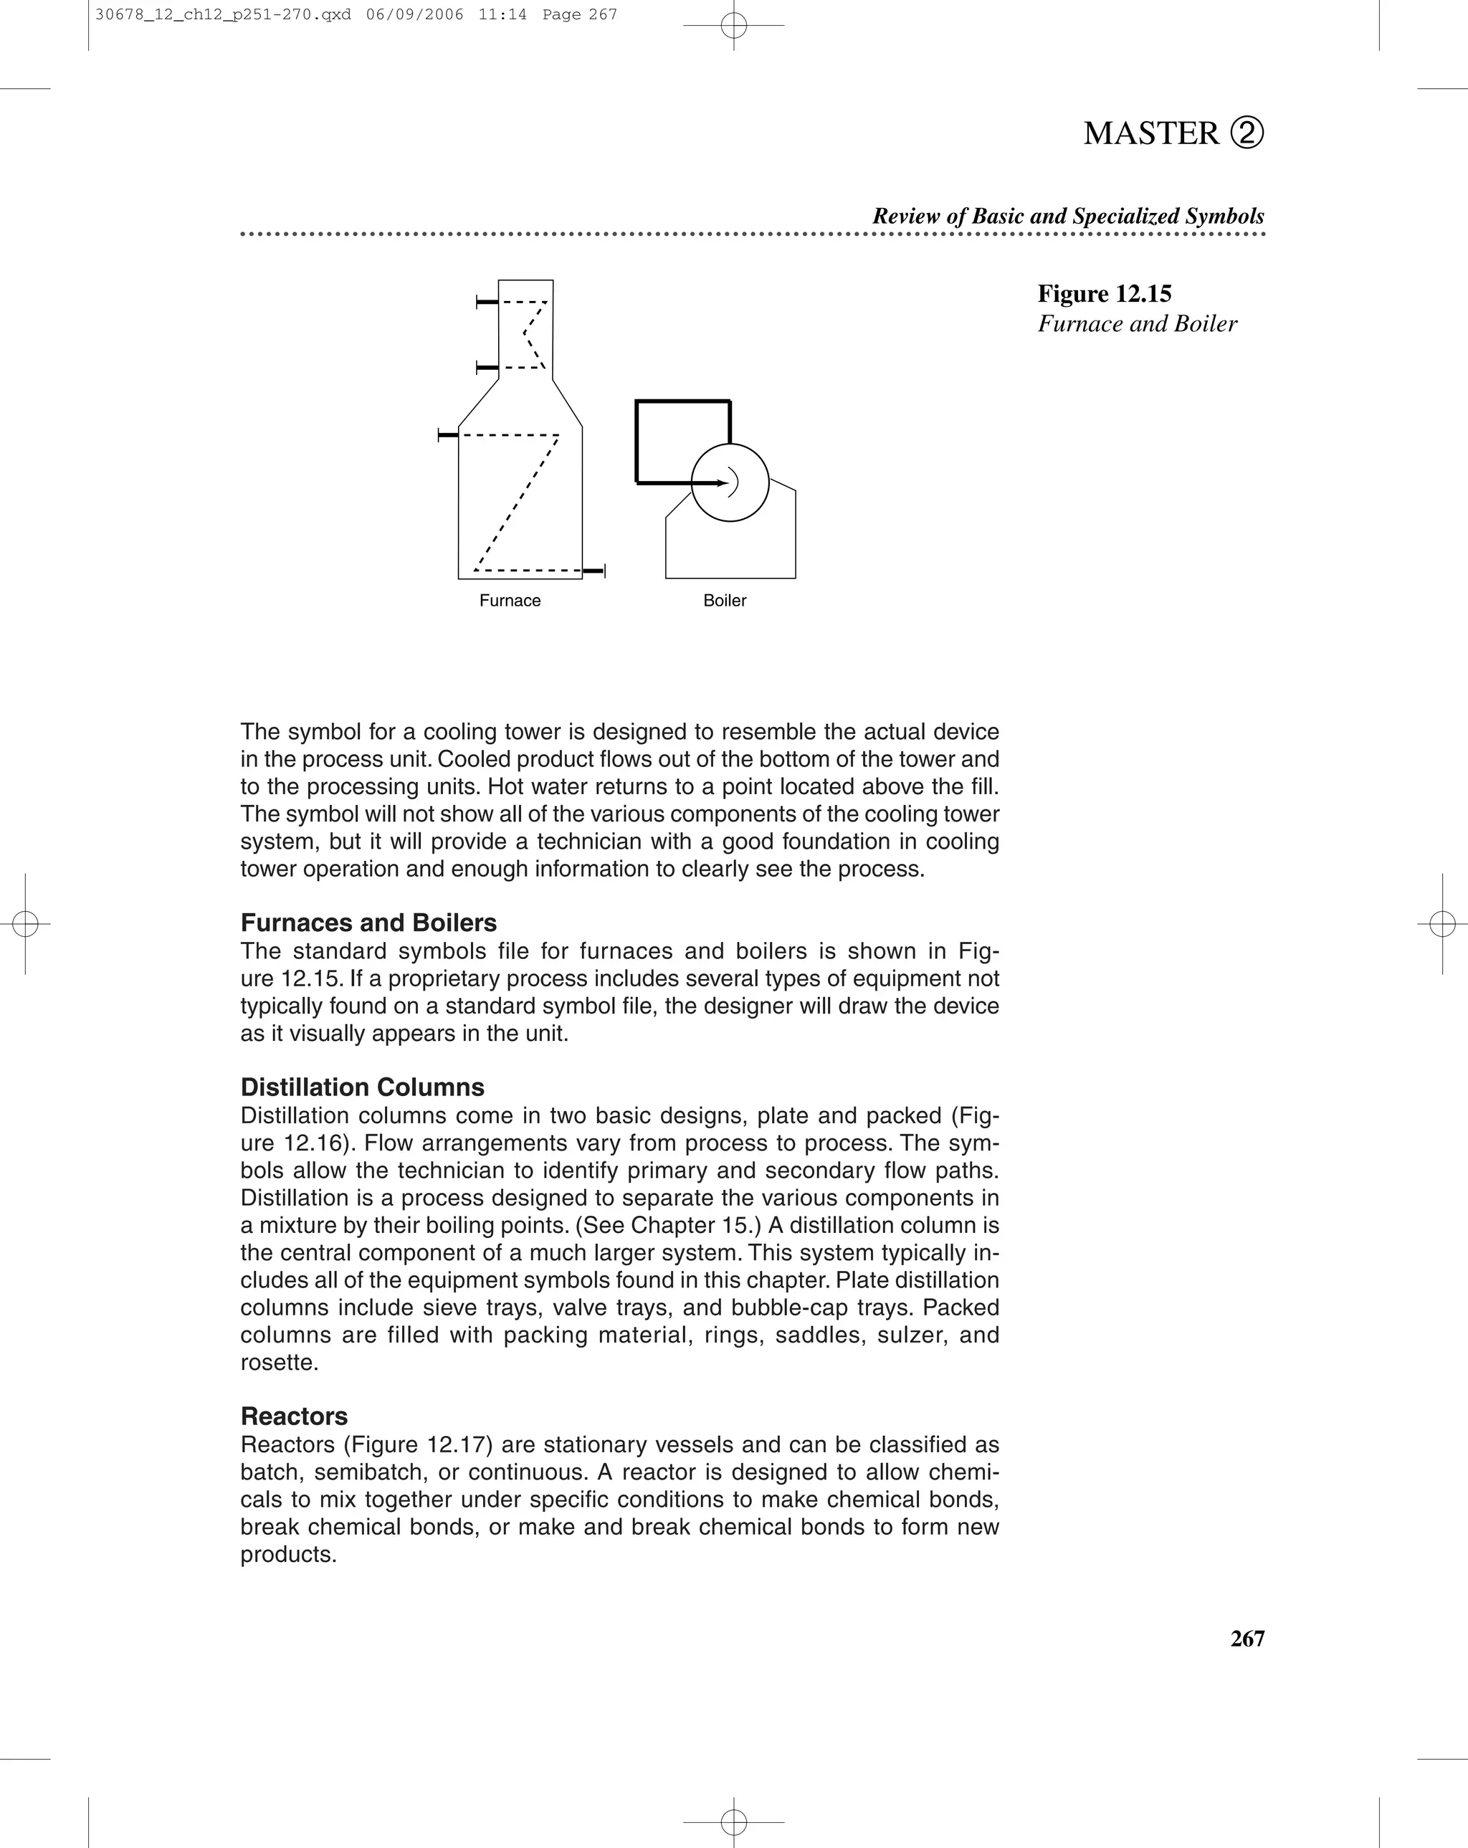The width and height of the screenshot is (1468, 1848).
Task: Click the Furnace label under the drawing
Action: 510,601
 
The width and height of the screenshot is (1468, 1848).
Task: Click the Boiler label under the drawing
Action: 724,601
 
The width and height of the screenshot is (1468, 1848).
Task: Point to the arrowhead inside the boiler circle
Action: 723,483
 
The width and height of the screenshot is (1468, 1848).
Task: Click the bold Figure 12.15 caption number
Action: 1104,294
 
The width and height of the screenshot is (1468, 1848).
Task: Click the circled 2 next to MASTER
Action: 1247,133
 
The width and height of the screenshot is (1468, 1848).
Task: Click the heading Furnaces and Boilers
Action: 368,923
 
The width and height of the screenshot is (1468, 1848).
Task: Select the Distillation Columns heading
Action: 362,1087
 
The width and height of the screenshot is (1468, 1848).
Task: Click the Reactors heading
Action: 294,1416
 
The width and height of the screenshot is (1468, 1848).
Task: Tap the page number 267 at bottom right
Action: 1247,1639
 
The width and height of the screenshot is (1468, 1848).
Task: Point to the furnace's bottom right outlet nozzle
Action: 595,571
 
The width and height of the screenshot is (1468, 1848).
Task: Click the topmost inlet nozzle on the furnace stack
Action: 487,302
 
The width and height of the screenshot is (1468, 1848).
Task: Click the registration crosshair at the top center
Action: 733,26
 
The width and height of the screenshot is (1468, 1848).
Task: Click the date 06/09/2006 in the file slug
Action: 414,14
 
